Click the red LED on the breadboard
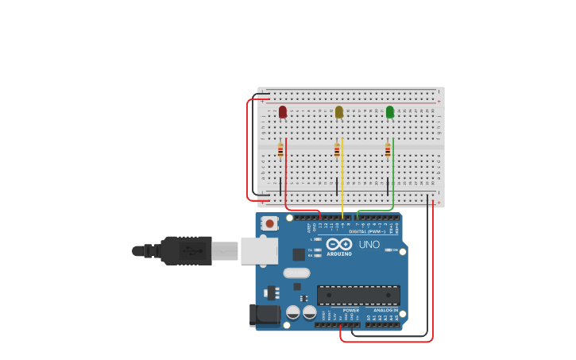point(283,112)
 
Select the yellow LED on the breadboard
point(339,112)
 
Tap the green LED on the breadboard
point(390,112)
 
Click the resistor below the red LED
point(280,149)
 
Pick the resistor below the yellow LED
point(337,149)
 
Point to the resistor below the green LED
point(388,149)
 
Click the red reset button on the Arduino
point(270,223)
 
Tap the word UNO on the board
point(369,245)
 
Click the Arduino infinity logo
point(339,244)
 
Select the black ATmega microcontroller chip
point(358,296)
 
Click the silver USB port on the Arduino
point(259,250)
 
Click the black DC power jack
point(265,315)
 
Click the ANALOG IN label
point(386,311)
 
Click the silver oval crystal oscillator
point(296,273)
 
